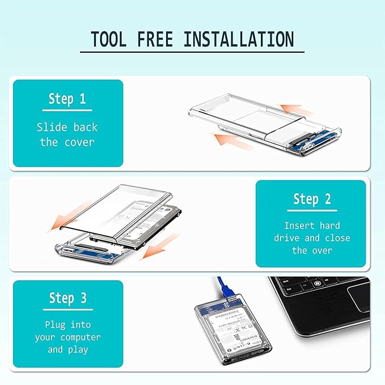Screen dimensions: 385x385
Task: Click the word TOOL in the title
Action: (108, 39)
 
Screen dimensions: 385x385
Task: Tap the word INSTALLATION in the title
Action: (239, 39)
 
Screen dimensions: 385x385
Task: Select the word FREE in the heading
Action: (155, 39)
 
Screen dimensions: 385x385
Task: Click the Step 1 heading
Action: (67, 99)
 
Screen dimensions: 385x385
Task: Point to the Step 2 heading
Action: (312, 199)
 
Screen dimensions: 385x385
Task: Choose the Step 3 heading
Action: (68, 298)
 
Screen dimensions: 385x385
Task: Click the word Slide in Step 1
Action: (52, 127)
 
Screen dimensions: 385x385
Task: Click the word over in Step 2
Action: (322, 251)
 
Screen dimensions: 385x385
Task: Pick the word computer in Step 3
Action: (81, 337)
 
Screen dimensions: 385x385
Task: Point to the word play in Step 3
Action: (78, 350)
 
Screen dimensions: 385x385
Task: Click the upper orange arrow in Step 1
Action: (297, 110)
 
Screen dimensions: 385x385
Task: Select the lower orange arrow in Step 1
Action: (230, 140)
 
